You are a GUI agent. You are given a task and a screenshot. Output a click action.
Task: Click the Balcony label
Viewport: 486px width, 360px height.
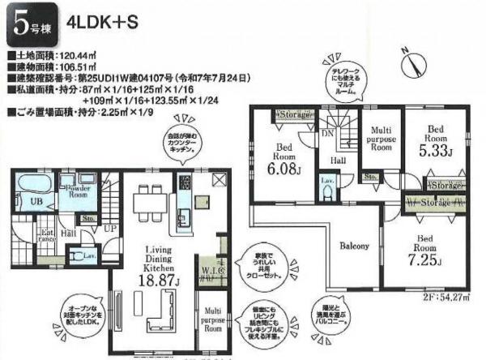click(355, 245)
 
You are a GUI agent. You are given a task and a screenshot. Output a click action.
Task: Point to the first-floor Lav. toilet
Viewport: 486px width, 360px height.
click(87, 256)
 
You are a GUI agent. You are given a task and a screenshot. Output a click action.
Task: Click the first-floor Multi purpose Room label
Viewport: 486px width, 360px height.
click(213, 319)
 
